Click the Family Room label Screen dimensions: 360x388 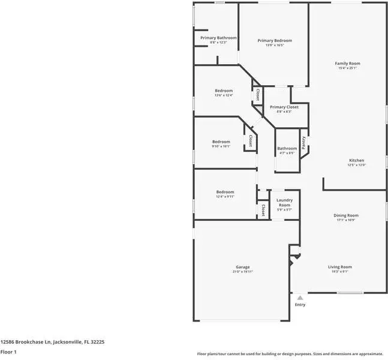(x=347, y=63)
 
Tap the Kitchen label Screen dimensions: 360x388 (x=357, y=160)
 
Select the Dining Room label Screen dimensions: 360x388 (x=346, y=215)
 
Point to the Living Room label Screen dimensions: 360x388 (x=339, y=266)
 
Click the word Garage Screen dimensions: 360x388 (x=243, y=266)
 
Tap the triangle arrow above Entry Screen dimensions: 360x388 (x=300, y=297)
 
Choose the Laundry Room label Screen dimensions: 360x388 (x=284, y=202)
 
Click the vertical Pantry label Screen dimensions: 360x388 (x=304, y=142)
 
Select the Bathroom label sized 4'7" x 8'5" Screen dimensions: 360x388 (x=287, y=148)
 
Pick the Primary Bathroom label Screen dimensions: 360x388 (x=218, y=38)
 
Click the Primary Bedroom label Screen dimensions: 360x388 (x=274, y=40)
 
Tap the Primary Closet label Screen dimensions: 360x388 (x=284, y=107)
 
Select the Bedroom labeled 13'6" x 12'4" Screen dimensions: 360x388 (x=224, y=91)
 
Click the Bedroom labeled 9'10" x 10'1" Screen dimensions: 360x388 (x=221, y=142)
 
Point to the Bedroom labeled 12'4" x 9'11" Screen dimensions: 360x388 (x=225, y=191)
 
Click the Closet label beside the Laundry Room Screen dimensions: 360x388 (x=263, y=210)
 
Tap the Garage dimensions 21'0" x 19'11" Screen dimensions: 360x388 (x=243, y=272)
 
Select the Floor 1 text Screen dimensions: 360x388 (x=8, y=352)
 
